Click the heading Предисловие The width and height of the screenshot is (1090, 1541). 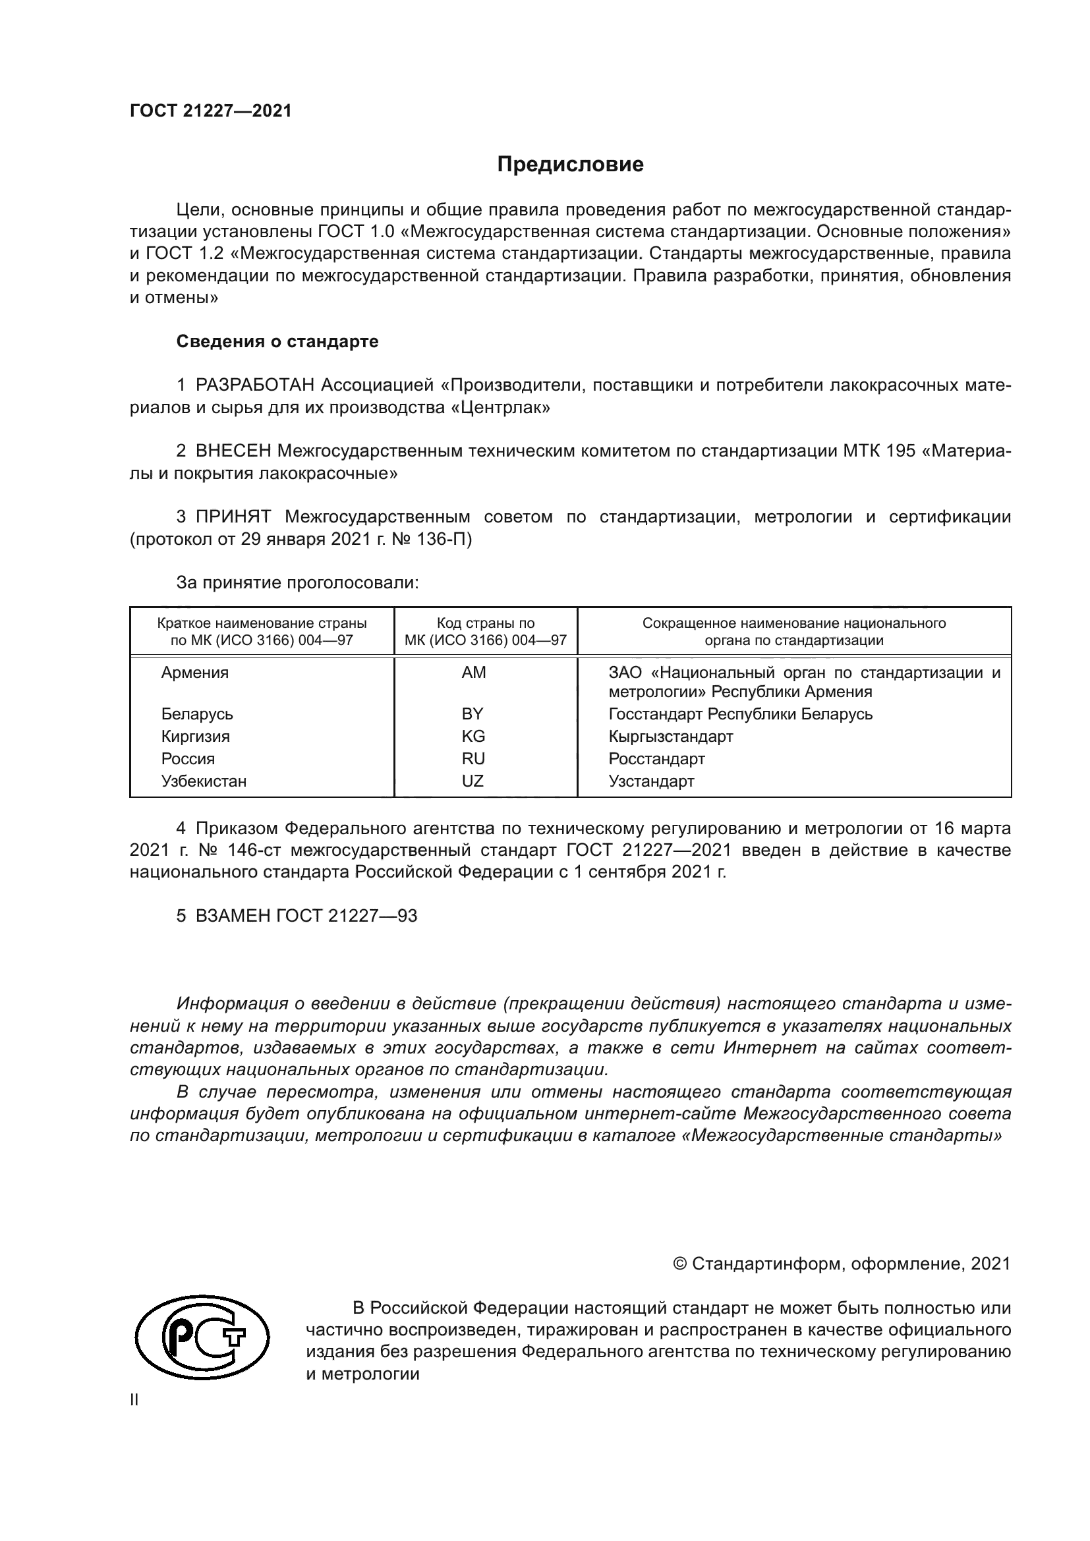[x=570, y=165]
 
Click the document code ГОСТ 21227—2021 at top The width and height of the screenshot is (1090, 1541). [x=211, y=111]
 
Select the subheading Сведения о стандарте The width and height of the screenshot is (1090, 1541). [x=277, y=342]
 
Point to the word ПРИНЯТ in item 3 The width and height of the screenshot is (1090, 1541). [x=233, y=517]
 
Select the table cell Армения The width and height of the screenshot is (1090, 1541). [x=194, y=673]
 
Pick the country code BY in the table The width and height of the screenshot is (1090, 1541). [x=473, y=714]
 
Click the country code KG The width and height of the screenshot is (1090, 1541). [x=473, y=737]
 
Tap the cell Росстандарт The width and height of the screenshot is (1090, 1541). [x=656, y=758]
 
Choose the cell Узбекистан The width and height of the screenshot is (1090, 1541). [x=204, y=781]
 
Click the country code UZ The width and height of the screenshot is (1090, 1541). [x=473, y=781]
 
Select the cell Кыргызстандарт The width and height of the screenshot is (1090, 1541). [x=670, y=737]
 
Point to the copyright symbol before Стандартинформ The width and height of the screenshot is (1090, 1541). [x=679, y=1264]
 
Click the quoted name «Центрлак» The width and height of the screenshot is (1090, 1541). [x=501, y=407]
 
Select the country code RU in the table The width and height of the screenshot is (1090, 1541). [x=473, y=758]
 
